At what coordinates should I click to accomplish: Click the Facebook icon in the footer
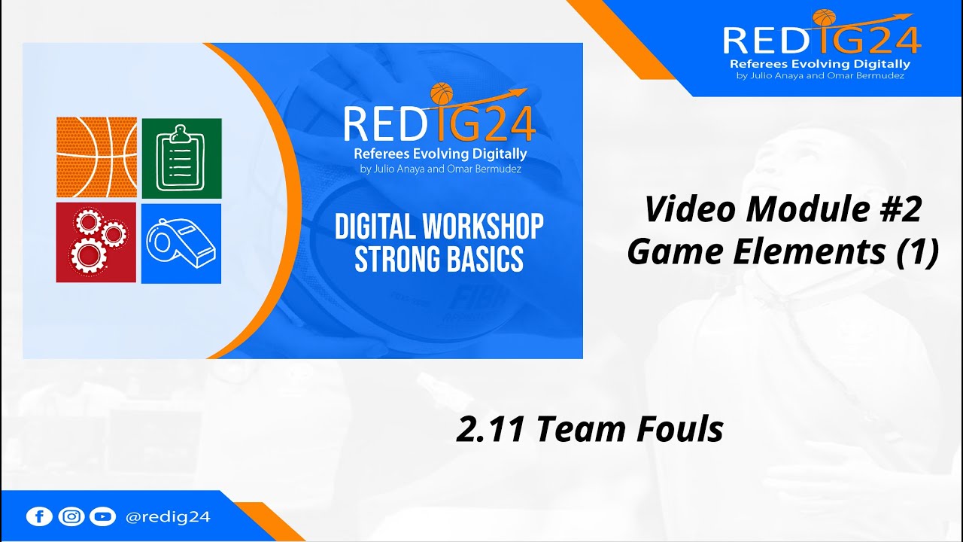(x=38, y=516)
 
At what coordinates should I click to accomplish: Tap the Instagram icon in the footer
(x=71, y=516)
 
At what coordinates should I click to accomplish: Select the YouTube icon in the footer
(x=102, y=516)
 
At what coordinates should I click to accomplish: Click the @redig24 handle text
(x=168, y=516)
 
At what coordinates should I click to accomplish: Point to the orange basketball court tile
(x=96, y=157)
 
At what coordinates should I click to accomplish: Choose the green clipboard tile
(x=181, y=157)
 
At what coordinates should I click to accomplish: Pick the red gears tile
(x=96, y=242)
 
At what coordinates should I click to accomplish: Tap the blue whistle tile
(x=181, y=242)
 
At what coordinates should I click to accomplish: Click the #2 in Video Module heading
(x=899, y=209)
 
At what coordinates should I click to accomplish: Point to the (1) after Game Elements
(x=917, y=252)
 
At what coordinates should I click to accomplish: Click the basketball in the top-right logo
(x=825, y=17)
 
